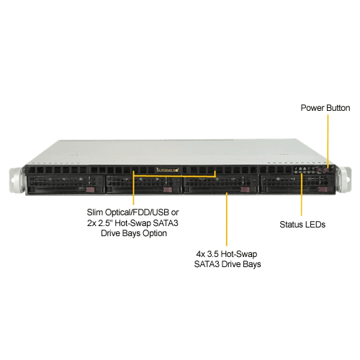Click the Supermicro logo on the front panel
(x=168, y=170)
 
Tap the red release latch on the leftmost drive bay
(x=91, y=190)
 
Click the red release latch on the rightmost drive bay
(x=323, y=189)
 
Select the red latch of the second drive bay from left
(x=168, y=190)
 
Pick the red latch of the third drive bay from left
(x=245, y=189)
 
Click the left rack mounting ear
(x=17, y=181)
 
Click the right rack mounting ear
(x=345, y=179)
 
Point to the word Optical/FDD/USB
(x=137, y=212)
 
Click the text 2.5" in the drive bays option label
(x=105, y=223)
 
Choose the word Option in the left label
(x=155, y=233)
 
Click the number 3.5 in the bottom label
(x=212, y=254)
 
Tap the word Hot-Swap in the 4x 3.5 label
(x=239, y=254)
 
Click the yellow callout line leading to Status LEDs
(x=302, y=194)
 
